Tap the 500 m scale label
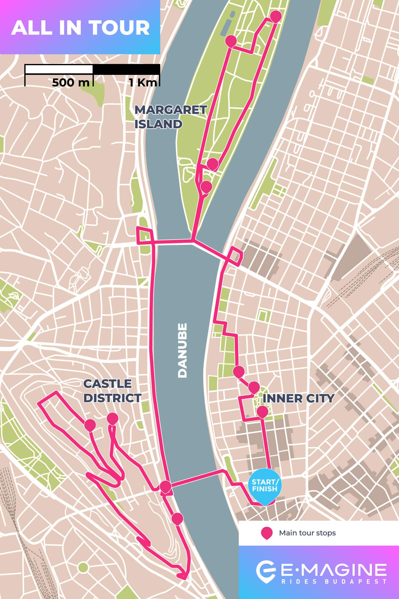pos(70,83)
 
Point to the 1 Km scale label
pos(143,83)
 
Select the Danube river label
pos(182,350)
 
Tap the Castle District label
pos(112,391)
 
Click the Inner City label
pos(298,398)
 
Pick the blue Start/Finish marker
pos(265,485)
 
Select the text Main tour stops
pos(307,533)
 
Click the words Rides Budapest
pos(334,582)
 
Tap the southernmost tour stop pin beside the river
pos(177,518)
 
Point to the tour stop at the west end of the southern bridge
pos(165,486)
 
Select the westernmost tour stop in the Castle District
pos(90,424)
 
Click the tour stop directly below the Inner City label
pos(262,412)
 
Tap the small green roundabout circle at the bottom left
pos(83,567)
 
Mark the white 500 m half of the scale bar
pos(59,69)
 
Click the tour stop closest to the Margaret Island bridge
pos(206,186)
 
